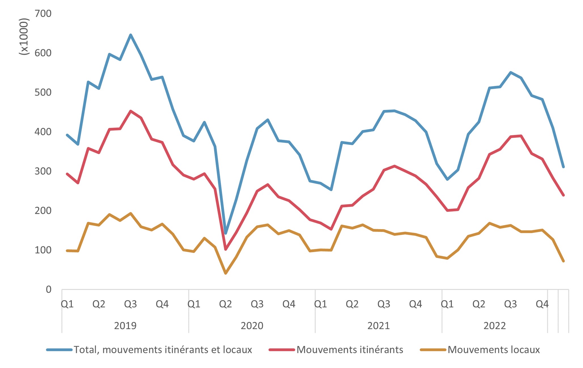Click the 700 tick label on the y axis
click(x=43, y=13)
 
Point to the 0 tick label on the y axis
click(x=48, y=289)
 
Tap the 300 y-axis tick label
click(x=43, y=171)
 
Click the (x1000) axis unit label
click(x=24, y=37)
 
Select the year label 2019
click(x=125, y=325)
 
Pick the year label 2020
click(x=252, y=325)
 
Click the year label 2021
click(x=378, y=325)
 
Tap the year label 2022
click(x=495, y=325)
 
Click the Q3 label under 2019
click(x=130, y=304)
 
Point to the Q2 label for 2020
click(x=225, y=304)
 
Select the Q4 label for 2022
click(x=542, y=304)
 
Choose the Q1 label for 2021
click(x=320, y=304)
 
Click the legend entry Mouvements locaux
click(x=493, y=350)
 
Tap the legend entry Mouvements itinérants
click(x=350, y=350)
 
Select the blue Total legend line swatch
click(x=59, y=350)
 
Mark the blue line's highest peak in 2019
click(x=130, y=35)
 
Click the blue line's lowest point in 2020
click(x=226, y=233)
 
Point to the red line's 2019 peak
click(x=130, y=111)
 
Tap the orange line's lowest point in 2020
click(x=226, y=273)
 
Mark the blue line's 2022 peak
click(x=510, y=72)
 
